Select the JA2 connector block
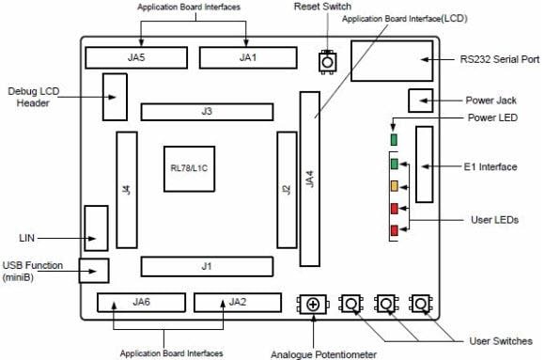point(237,303)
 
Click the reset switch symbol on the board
point(326,60)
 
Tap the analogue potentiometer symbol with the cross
point(313,304)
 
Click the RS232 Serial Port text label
point(500,58)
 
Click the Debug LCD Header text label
point(37,97)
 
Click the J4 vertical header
point(126,190)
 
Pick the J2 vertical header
point(286,189)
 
